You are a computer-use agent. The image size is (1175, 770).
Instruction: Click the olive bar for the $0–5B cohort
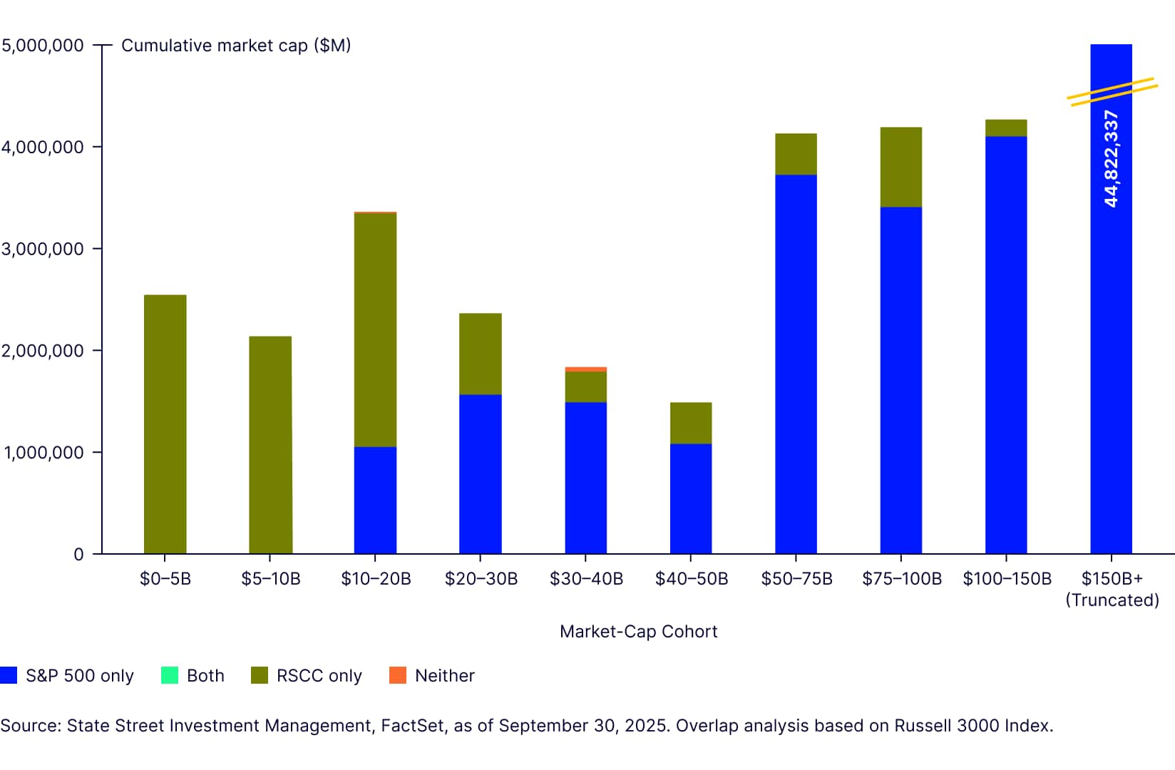(165, 424)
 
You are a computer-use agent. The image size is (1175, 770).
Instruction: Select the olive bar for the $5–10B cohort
(270, 445)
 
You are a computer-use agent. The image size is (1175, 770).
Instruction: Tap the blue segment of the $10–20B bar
(375, 500)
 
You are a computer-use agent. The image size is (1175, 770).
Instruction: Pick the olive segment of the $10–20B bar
(375, 330)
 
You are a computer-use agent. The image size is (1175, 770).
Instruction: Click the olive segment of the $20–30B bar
(480, 354)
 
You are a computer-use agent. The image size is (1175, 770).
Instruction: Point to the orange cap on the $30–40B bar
(585, 369)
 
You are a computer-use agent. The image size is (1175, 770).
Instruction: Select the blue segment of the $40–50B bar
(690, 498)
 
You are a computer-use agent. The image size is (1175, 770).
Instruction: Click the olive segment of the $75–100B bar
(901, 168)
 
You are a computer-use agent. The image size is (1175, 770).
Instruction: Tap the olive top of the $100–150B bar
(1005, 128)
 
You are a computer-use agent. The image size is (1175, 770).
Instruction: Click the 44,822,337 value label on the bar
(1111, 159)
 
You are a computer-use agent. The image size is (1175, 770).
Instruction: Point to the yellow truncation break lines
(1112, 92)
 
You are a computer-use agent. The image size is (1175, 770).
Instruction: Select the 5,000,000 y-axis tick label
(43, 46)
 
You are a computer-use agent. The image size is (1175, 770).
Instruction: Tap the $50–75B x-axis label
(796, 578)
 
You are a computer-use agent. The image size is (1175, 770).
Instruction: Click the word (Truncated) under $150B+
(1112, 600)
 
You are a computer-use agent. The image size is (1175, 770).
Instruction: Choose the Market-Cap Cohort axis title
(638, 632)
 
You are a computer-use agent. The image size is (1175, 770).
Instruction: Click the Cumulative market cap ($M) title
(236, 46)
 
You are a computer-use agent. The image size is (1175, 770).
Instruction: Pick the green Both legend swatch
(170, 675)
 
